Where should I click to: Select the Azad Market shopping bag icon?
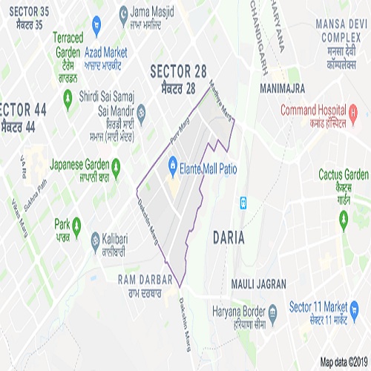[96, 27]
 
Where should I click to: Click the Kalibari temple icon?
[95, 240]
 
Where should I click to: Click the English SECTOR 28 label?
[177, 71]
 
